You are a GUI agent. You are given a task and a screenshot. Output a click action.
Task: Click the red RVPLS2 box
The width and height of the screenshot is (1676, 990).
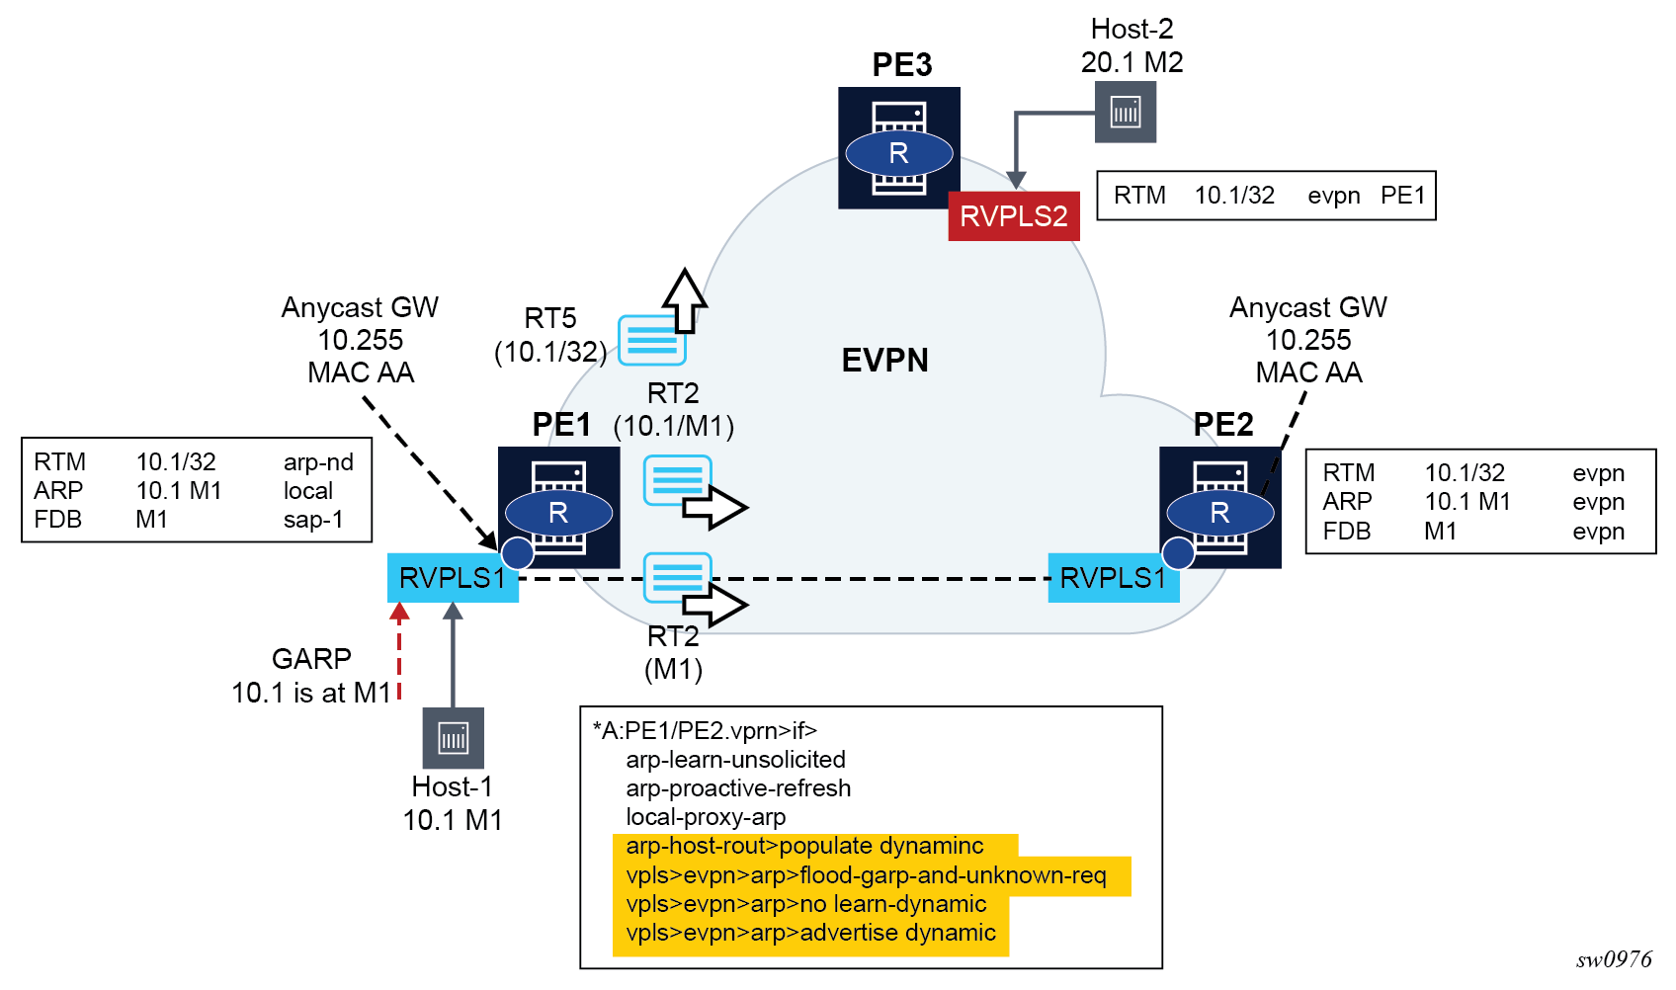click(x=1013, y=216)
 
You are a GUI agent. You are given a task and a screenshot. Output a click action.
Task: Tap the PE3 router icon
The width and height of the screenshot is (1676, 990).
click(x=898, y=148)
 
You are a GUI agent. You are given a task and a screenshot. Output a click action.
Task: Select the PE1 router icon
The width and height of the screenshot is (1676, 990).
click(x=558, y=508)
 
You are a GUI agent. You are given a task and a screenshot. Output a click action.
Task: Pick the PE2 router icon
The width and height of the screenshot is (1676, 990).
click(x=1219, y=508)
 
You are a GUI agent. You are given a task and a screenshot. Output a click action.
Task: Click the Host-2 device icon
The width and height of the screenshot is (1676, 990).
click(x=1126, y=112)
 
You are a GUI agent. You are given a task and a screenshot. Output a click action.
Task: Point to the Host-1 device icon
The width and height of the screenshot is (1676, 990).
click(x=453, y=738)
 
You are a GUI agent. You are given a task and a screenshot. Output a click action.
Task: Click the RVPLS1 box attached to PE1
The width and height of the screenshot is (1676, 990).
click(x=453, y=578)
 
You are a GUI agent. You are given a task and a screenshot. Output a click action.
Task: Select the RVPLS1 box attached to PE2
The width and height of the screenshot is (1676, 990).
click(x=1113, y=578)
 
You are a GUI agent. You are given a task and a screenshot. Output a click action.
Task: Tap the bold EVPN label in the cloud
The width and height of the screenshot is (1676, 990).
click(x=884, y=361)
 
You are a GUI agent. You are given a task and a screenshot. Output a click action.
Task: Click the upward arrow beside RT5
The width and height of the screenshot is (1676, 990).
click(x=684, y=299)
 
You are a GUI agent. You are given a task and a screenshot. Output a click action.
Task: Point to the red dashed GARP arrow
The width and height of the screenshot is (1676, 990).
click(x=399, y=652)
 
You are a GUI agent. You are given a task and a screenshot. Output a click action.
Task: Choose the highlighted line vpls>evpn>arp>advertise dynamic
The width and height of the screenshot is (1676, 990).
click(x=810, y=933)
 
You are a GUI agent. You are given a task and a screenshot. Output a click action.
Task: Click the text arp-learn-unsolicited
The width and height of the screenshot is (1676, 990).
click(x=735, y=760)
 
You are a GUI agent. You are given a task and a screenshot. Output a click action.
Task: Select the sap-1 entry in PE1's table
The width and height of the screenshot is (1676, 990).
click(x=313, y=520)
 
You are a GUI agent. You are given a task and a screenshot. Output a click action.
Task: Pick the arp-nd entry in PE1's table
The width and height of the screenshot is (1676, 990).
click(x=318, y=462)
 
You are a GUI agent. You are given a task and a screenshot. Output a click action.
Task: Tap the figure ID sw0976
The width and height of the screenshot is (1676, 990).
click(x=1614, y=959)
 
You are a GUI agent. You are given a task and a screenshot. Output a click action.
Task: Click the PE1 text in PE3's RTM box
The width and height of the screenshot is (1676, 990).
click(x=1402, y=196)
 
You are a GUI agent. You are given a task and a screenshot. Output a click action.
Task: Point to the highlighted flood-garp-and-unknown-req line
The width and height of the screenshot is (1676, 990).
click(x=866, y=875)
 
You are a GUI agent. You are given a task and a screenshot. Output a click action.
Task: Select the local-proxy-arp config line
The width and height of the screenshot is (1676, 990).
click(x=706, y=817)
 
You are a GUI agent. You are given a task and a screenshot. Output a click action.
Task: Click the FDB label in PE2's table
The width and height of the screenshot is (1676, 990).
click(x=1346, y=532)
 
